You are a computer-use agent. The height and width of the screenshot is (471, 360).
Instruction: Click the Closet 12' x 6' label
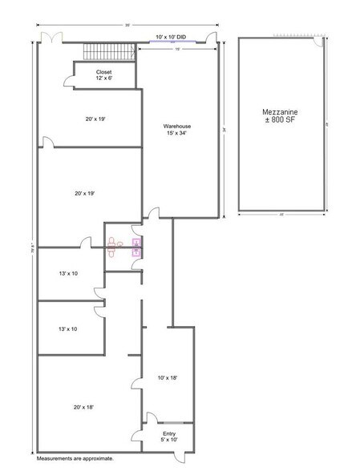(104, 74)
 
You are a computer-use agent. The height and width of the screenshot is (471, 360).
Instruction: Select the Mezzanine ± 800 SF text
(280, 114)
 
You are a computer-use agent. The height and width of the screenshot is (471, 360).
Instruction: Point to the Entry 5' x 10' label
(158, 437)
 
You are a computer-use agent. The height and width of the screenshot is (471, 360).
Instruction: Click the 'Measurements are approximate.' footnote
(75, 459)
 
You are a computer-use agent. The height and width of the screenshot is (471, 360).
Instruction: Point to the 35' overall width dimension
(127, 25)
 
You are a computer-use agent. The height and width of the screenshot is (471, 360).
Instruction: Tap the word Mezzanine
(280, 109)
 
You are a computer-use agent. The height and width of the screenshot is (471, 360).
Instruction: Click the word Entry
(158, 433)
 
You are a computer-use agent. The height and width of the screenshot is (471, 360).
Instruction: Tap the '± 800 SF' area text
(280, 119)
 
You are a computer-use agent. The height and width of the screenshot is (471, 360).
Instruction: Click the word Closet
(104, 71)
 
